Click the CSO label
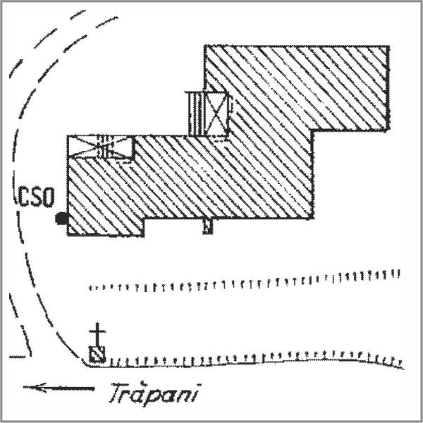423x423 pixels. pyautogui.click(x=36, y=197)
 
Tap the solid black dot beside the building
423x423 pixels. pyautogui.click(x=61, y=219)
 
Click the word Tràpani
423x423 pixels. pyautogui.click(x=154, y=393)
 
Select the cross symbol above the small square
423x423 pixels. pyautogui.click(x=97, y=334)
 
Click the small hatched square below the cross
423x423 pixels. pyautogui.click(x=97, y=354)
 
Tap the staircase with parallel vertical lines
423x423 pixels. pyautogui.click(x=195, y=114)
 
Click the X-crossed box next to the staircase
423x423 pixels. pyautogui.click(x=216, y=114)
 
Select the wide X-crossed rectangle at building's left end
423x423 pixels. pyautogui.click(x=100, y=147)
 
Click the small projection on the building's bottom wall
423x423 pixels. pyautogui.click(x=208, y=226)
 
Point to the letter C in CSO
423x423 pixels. pyautogui.click(x=24, y=197)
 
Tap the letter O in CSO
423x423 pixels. pyautogui.click(x=49, y=197)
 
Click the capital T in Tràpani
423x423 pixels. pyautogui.click(x=118, y=393)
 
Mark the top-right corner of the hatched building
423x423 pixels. pyautogui.click(x=388, y=47)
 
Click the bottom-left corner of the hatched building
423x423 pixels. pyautogui.click(x=68, y=235)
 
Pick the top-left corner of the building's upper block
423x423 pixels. pyautogui.click(x=205, y=47)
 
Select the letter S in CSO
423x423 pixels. pyautogui.click(x=36, y=197)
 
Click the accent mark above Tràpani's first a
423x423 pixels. pyautogui.click(x=143, y=382)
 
